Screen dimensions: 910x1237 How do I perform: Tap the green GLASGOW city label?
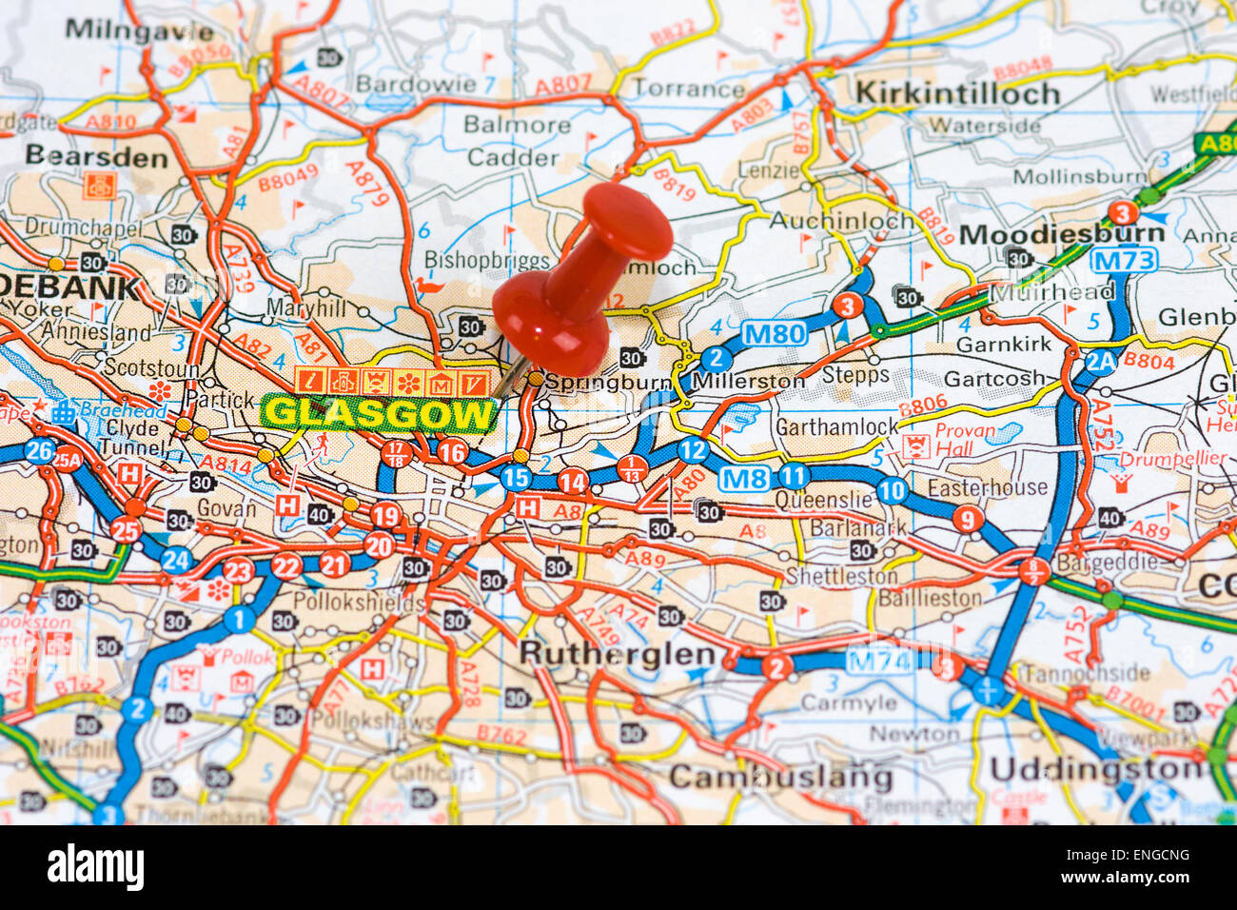380,414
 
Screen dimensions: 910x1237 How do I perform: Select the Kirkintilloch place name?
957,93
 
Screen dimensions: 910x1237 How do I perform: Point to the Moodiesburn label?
1061,234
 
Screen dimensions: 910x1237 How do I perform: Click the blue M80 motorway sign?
774,333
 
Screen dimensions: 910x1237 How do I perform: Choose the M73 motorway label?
1123,260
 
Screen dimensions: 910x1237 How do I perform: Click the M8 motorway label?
743,478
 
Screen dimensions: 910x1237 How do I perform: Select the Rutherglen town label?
617,654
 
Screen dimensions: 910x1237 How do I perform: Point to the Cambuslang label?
780,777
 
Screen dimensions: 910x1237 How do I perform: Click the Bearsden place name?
96,156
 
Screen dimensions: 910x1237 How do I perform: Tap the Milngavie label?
139,30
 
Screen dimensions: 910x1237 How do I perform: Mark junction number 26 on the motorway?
39,450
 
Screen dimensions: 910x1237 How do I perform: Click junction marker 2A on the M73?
1100,361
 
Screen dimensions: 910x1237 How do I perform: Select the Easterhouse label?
987,487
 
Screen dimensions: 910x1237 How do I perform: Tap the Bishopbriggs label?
487,260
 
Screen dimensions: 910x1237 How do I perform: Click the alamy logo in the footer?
95,868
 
